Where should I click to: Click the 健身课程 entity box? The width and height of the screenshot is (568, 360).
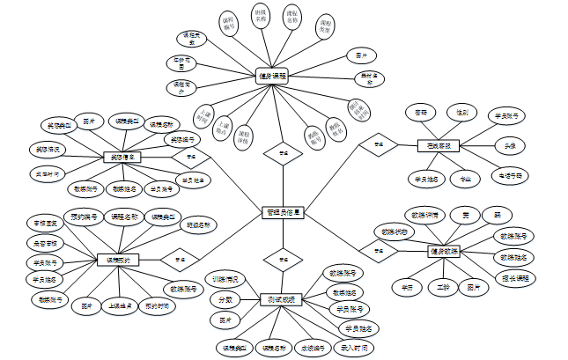(273, 77)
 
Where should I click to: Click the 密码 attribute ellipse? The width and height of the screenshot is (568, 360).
(421, 113)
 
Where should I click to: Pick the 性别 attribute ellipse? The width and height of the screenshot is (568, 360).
(461, 113)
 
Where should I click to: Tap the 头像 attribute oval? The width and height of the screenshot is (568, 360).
(510, 145)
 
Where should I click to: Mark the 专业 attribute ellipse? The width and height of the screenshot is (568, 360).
(465, 179)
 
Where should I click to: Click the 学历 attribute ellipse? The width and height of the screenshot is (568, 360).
(407, 287)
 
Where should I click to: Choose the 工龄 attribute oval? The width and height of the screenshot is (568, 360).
(443, 287)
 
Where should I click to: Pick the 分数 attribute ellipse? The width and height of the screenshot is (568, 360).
(225, 299)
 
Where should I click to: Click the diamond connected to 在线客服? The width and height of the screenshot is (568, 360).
(379, 145)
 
